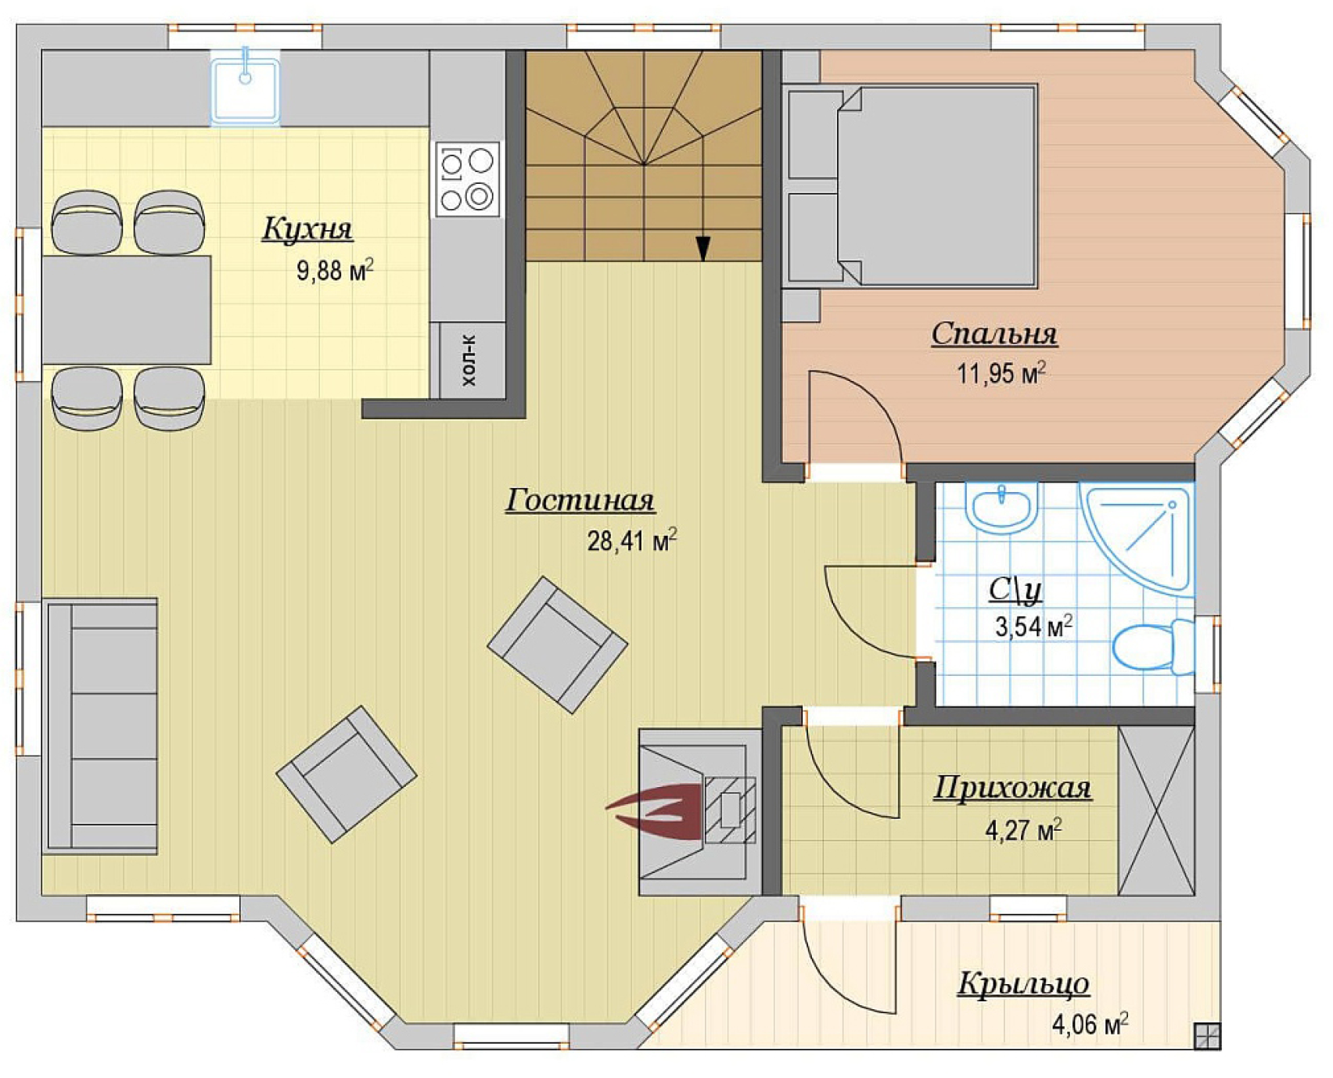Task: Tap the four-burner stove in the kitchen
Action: (467, 179)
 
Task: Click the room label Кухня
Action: (307, 228)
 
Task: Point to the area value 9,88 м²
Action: (335, 270)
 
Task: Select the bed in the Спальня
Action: (911, 186)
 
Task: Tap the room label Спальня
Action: (994, 334)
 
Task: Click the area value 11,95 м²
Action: (1001, 372)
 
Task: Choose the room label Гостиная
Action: (580, 500)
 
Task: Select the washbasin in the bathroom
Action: (1001, 508)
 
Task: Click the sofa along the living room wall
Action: (101, 725)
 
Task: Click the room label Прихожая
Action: (1012, 788)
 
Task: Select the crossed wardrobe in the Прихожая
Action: (1156, 810)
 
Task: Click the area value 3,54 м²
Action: (1033, 626)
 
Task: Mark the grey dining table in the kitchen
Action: (127, 310)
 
